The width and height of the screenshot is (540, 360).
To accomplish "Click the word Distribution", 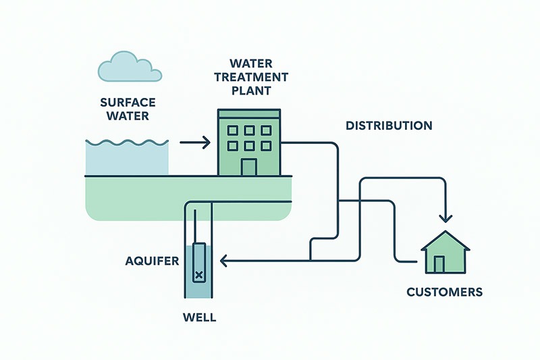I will (x=389, y=126).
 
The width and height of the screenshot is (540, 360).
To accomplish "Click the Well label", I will (x=199, y=316).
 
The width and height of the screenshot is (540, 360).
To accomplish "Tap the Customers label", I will (x=444, y=292).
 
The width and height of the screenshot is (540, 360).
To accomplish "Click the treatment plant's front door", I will (x=248, y=168).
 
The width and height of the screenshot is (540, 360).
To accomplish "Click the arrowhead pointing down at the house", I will (x=446, y=217).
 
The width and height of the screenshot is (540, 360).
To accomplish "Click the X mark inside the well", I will (x=199, y=274).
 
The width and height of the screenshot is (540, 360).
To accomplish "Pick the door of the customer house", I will (x=440, y=263).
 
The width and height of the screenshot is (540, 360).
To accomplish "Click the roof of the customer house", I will (x=446, y=240).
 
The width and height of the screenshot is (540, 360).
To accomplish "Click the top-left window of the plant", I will (x=233, y=130).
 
